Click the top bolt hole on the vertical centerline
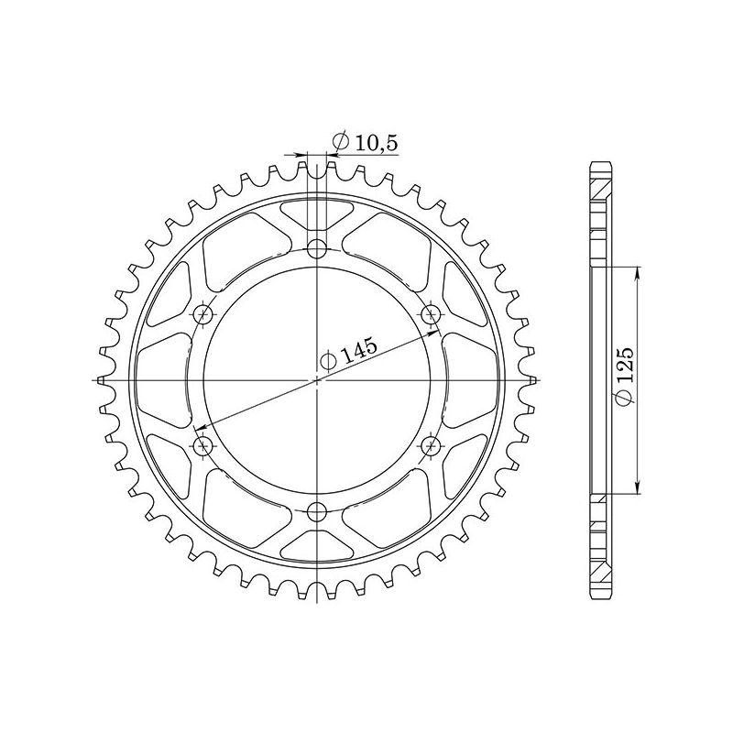(317, 247)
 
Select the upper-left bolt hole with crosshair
(203, 314)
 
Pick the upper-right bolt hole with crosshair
(431, 314)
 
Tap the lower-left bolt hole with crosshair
(203, 445)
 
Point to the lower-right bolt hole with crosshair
(431, 445)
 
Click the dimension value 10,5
(376, 142)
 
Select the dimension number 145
(359, 350)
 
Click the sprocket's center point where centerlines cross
(317, 379)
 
